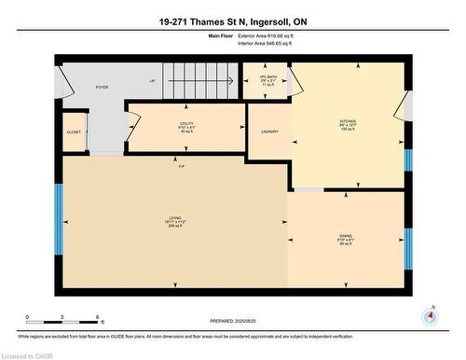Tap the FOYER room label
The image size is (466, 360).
coord(103,87)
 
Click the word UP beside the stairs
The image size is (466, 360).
coord(152,81)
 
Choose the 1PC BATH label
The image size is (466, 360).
coord(267,78)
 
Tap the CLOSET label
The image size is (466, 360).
coord(73,132)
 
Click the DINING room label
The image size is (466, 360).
coord(346,238)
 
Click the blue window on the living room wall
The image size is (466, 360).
coord(58,219)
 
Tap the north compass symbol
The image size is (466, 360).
coord(430,314)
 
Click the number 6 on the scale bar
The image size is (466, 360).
coord(99,319)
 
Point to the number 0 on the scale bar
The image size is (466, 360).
coord(27,319)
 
